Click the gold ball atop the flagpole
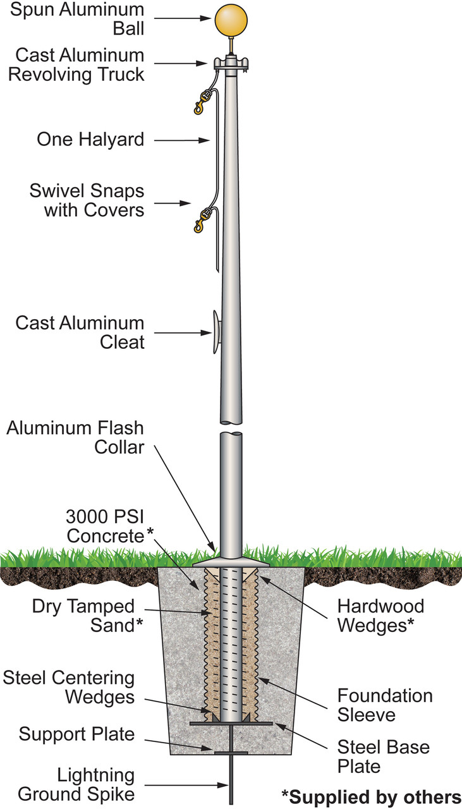(232, 20)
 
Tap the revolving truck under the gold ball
(232, 64)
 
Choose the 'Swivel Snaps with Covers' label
(86, 200)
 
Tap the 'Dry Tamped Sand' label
(84, 615)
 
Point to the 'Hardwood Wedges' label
(380, 615)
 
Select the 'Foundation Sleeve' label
(384, 705)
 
